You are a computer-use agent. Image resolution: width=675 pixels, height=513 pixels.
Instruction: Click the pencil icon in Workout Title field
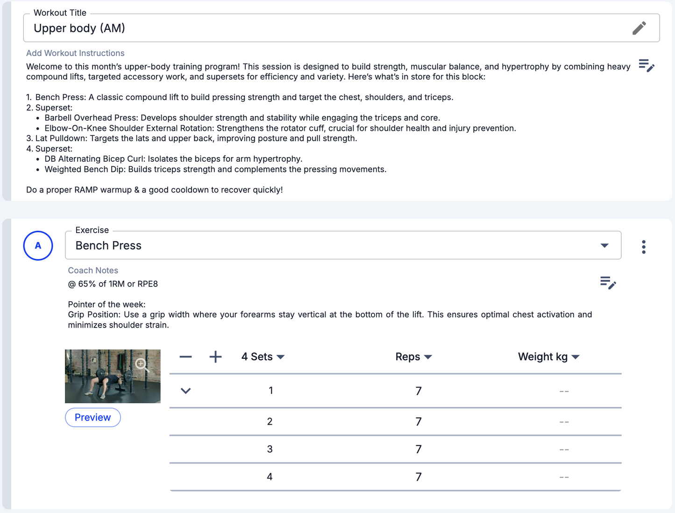(639, 28)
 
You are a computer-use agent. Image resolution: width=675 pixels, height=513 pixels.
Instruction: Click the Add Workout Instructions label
(75, 53)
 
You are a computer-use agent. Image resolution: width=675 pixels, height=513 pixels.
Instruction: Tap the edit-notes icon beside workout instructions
(647, 66)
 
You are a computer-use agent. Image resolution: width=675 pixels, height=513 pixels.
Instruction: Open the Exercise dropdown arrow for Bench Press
(604, 246)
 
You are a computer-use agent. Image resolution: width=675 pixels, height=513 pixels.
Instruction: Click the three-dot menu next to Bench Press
(644, 247)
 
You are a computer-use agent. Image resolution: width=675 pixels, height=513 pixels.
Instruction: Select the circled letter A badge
(38, 246)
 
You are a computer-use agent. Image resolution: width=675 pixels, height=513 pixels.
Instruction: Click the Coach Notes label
(93, 271)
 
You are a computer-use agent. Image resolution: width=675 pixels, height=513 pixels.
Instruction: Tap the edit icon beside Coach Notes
(608, 283)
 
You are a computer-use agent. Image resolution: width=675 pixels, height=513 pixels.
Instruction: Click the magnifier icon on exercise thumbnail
(142, 364)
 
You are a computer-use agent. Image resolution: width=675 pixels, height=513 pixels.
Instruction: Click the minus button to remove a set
(185, 357)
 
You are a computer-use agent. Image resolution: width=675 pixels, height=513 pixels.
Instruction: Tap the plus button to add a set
(215, 357)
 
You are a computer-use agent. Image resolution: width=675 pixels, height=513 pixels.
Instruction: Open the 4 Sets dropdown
(263, 357)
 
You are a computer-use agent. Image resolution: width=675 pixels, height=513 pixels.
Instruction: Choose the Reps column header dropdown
(413, 357)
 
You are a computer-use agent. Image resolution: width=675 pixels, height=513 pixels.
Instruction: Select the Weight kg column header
(548, 357)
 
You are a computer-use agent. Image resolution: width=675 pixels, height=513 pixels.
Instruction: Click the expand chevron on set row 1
(186, 391)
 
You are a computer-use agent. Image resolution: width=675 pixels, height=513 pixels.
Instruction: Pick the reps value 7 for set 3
(419, 449)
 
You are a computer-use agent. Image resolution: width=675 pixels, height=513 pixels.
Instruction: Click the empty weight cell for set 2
(564, 422)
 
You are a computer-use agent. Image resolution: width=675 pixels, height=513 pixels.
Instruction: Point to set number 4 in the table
(270, 477)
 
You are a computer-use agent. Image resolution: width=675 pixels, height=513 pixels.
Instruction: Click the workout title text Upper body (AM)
(79, 28)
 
